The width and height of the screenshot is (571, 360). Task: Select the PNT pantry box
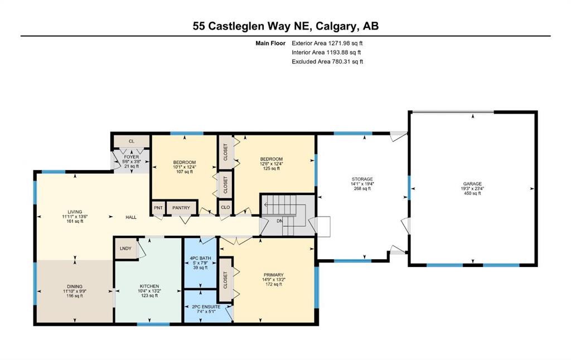[158, 207]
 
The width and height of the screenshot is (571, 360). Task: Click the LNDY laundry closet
[125, 249]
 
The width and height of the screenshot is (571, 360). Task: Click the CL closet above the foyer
[132, 141]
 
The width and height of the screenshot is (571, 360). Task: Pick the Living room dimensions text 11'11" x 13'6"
[75, 216]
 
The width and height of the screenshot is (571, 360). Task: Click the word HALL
[131, 217]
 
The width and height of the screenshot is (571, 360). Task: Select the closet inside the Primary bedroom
[225, 280]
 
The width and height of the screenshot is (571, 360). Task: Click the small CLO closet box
[225, 207]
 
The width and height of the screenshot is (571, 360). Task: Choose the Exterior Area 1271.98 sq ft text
[327, 43]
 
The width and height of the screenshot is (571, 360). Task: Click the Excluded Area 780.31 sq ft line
[327, 61]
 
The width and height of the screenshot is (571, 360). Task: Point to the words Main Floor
[270, 43]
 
